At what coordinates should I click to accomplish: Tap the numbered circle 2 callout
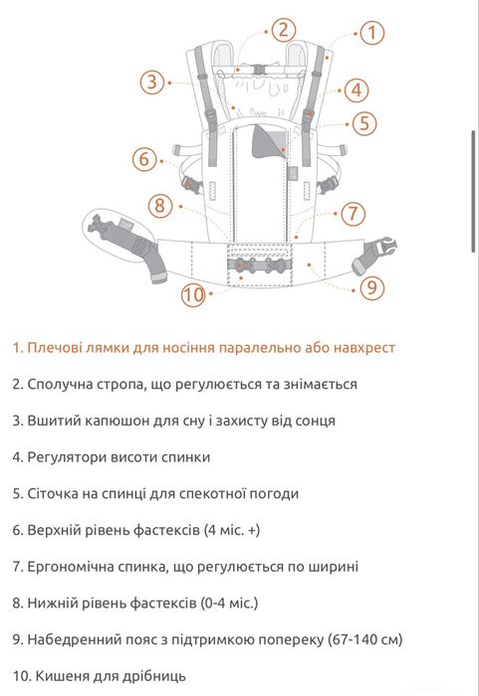tap(284, 29)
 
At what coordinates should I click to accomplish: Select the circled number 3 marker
tap(151, 82)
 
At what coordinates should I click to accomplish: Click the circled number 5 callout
tap(364, 123)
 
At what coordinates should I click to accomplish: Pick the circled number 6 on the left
tap(144, 158)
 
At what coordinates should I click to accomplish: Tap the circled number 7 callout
tap(354, 213)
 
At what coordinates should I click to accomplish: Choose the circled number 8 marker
tap(160, 206)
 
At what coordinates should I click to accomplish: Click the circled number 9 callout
tap(371, 287)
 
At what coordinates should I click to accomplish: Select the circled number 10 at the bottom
tap(193, 294)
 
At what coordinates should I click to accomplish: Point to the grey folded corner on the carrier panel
tap(268, 139)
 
